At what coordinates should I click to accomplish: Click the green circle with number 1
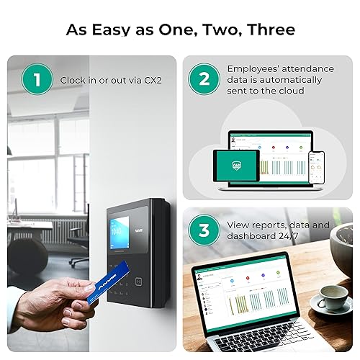[37, 80]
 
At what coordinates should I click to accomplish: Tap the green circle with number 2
[204, 80]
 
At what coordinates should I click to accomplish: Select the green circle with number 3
[204, 231]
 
